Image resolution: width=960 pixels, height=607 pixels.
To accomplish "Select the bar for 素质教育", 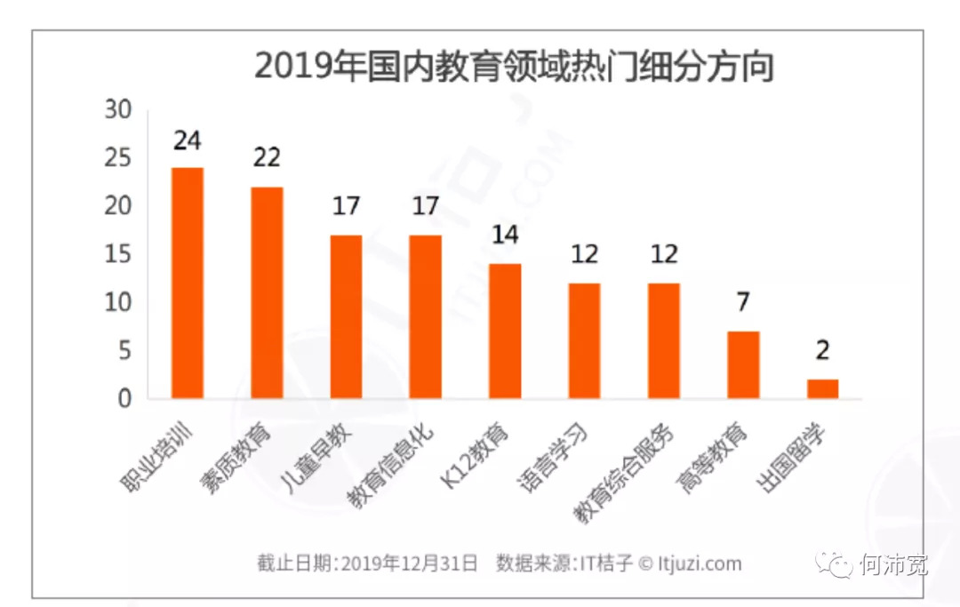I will pyautogui.click(x=267, y=292).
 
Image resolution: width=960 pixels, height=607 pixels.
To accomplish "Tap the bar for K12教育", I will pyautogui.click(x=505, y=331).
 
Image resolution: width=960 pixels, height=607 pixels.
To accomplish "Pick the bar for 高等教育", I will pyautogui.click(x=743, y=364).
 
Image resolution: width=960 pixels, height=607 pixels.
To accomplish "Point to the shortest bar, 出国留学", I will pyautogui.click(x=822, y=388).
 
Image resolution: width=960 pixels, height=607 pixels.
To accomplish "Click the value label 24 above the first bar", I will pyautogui.click(x=188, y=141).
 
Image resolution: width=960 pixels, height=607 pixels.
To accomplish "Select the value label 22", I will pyautogui.click(x=266, y=158).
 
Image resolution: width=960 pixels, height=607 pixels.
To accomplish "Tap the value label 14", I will pyautogui.click(x=505, y=236).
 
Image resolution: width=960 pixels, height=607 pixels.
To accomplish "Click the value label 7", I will pyautogui.click(x=743, y=302).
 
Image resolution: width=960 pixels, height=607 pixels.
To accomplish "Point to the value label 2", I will pyautogui.click(x=822, y=350).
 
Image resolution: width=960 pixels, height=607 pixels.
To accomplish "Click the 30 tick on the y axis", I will pyautogui.click(x=118, y=110).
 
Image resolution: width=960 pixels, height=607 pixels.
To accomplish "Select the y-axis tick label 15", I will pyautogui.click(x=118, y=255).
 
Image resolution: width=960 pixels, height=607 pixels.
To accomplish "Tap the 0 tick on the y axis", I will pyautogui.click(x=124, y=399).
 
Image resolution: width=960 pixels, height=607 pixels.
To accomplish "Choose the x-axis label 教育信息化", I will pyautogui.click(x=391, y=467).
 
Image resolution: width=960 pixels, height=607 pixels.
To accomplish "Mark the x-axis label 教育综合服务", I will pyautogui.click(x=624, y=471).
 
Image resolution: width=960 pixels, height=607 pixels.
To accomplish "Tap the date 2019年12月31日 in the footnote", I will pyautogui.click(x=410, y=563).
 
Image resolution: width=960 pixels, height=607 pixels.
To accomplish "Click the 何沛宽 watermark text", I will pyautogui.click(x=893, y=563).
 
